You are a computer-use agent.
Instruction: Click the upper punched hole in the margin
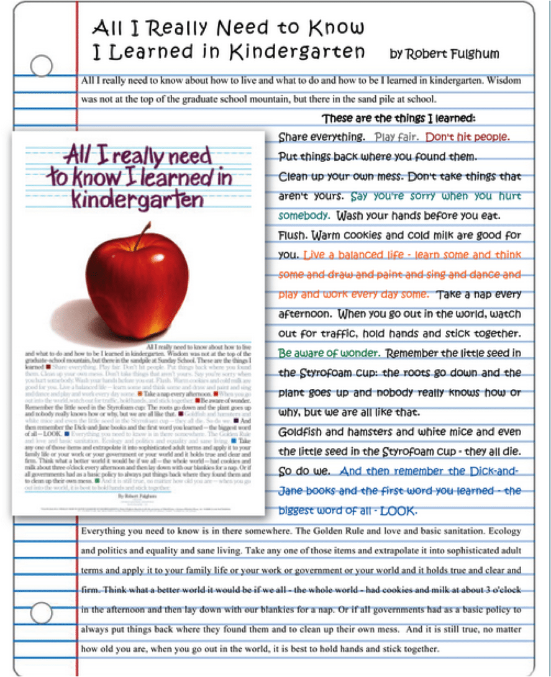click(x=41, y=65)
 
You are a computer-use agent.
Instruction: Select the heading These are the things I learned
click(x=399, y=118)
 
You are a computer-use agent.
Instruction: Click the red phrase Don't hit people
click(x=468, y=136)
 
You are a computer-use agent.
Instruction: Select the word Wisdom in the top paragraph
click(x=505, y=81)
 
